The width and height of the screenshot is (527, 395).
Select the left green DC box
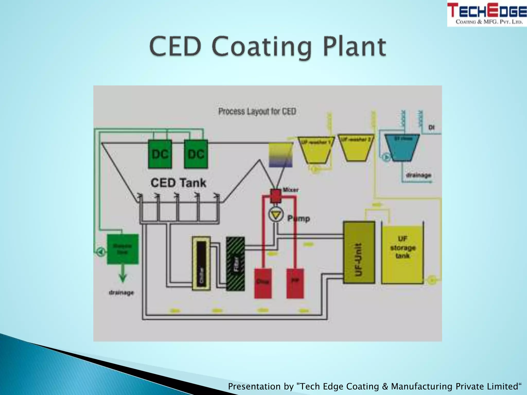click(x=160, y=154)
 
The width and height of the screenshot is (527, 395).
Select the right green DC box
click(x=196, y=154)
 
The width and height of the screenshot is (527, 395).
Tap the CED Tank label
click(x=178, y=183)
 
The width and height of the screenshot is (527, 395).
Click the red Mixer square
click(x=276, y=196)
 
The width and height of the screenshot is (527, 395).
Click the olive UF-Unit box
click(x=359, y=252)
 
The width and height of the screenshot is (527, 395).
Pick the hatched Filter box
click(x=235, y=264)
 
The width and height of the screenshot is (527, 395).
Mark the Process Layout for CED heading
click(x=257, y=112)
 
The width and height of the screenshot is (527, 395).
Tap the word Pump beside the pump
click(x=298, y=219)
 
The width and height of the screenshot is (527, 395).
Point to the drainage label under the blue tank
click(x=418, y=175)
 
